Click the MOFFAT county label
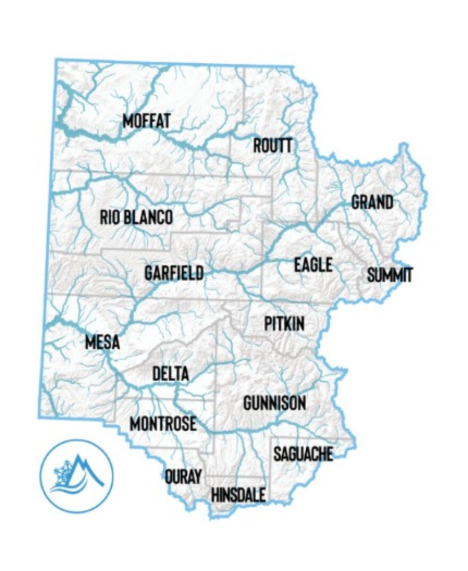(x=146, y=121)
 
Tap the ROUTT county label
(x=272, y=145)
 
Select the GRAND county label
(x=372, y=203)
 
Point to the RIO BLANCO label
(x=136, y=217)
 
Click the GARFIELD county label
(x=174, y=273)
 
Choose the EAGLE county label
(x=313, y=265)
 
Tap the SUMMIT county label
(x=390, y=275)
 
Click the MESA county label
(x=102, y=342)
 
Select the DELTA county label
(x=170, y=374)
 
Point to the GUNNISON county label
(x=274, y=403)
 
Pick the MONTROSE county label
(x=163, y=424)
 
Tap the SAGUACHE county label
(x=303, y=454)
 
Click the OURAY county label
(x=183, y=476)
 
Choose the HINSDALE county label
(x=238, y=496)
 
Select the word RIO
(x=110, y=217)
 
